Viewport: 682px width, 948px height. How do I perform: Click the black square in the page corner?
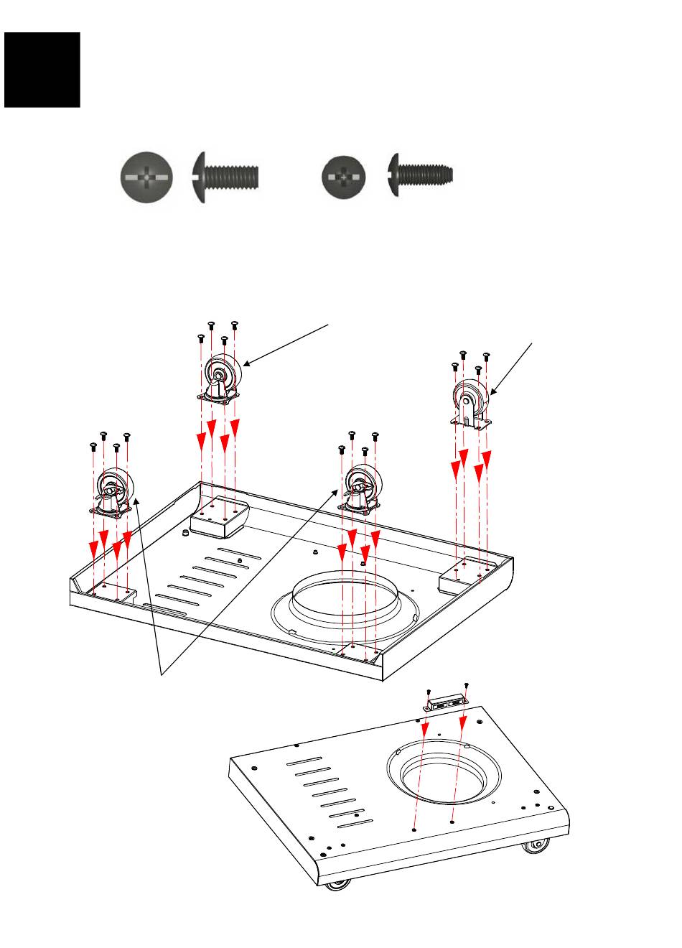click(42, 70)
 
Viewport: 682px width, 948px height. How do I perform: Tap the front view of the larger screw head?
click(147, 176)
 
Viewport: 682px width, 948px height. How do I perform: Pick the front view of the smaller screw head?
click(344, 176)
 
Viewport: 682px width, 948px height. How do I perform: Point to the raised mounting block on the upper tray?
click(218, 517)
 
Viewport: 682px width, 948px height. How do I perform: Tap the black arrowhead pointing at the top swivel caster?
click(247, 364)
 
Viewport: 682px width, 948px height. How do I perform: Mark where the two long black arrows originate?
click(160, 674)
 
